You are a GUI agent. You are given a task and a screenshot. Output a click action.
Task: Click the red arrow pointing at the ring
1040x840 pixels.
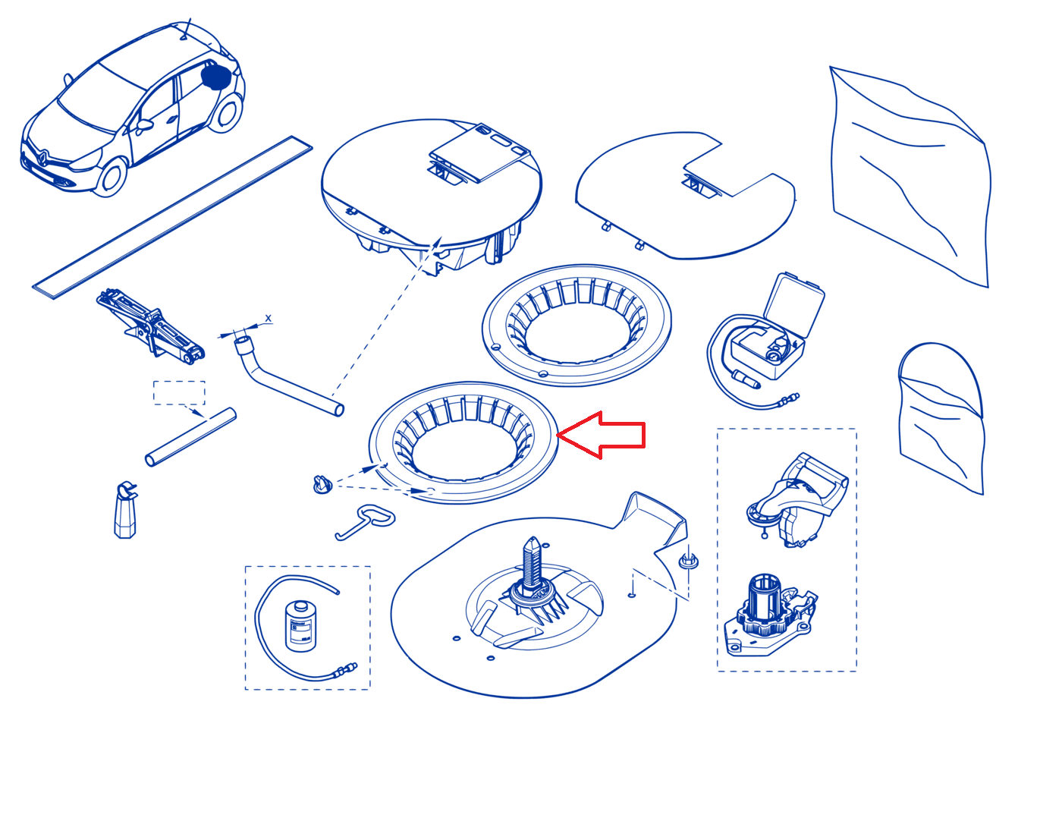pos(601,435)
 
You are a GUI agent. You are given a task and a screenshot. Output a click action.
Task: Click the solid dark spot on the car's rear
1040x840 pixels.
pos(216,77)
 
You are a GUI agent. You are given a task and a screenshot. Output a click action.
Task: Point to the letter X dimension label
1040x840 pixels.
pos(268,319)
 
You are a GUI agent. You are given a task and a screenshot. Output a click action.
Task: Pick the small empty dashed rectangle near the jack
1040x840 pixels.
pos(179,392)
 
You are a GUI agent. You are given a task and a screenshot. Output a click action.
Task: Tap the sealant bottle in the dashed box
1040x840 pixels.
pos(300,627)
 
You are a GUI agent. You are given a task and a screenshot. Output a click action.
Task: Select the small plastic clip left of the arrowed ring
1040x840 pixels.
pos(322,484)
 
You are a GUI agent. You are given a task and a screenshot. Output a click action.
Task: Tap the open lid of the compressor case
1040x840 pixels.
pos(793,304)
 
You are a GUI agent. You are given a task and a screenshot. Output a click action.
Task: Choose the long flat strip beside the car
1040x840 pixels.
pos(172,217)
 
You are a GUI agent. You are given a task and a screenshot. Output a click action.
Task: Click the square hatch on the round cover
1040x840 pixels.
pos(479,153)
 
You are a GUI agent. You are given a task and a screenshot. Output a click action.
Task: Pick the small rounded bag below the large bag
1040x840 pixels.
pos(940,417)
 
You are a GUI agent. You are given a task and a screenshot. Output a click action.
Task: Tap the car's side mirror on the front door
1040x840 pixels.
pos(145,124)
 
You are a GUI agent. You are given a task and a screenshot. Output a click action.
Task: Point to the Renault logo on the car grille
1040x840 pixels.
pos(42,156)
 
